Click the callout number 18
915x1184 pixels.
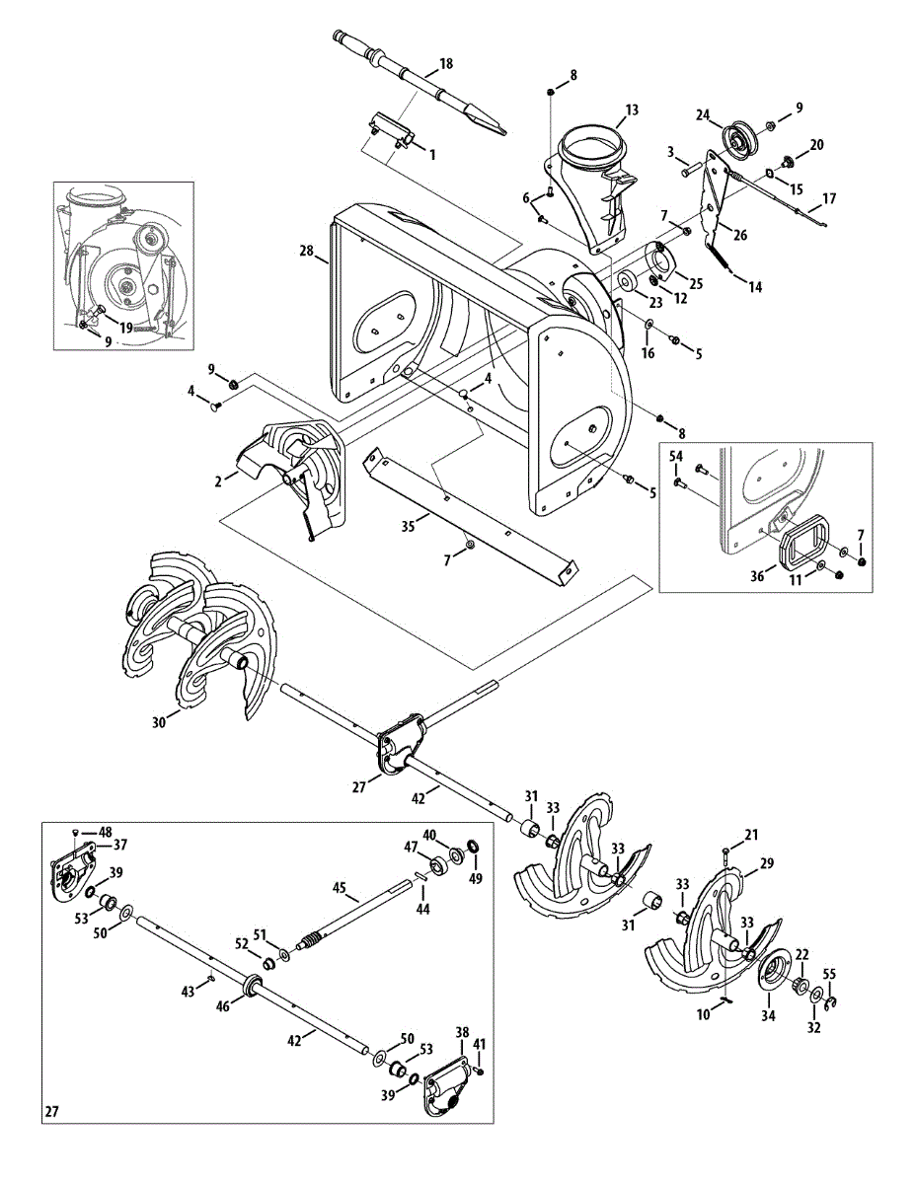coord(446,64)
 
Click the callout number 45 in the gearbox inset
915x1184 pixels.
coord(339,888)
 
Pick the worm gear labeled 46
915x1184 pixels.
coord(251,984)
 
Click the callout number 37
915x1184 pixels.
coord(119,845)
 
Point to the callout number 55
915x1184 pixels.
coord(829,974)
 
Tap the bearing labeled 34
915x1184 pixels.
coord(777,971)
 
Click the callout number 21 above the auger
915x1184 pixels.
coord(751,836)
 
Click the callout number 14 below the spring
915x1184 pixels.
coord(755,288)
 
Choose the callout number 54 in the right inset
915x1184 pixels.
coord(676,456)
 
